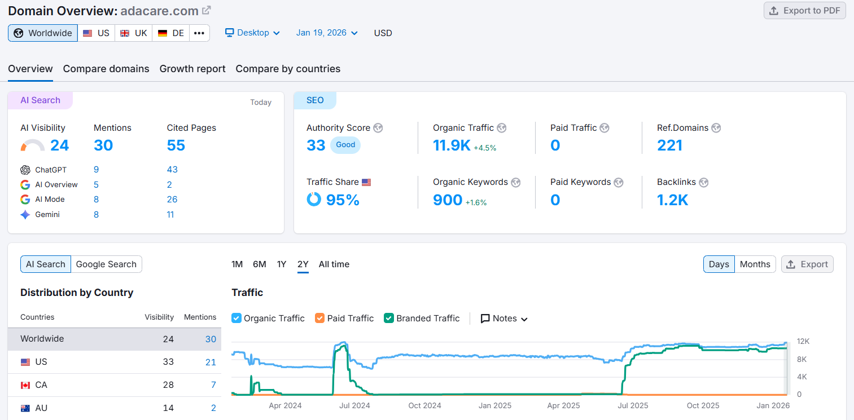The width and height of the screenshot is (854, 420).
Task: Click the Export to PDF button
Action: point(804,11)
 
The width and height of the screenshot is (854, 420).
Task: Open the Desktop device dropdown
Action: point(252,33)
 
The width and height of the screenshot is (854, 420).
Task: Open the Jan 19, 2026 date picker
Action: point(327,33)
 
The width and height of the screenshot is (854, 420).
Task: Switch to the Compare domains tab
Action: point(106,69)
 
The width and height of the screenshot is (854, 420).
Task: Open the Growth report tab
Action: point(192,69)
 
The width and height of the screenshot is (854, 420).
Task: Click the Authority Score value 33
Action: point(316,145)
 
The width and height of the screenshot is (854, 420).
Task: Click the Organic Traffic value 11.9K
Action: point(451,145)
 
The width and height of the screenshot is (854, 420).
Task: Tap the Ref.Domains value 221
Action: point(669,145)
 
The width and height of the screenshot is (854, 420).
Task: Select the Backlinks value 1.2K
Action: point(672,200)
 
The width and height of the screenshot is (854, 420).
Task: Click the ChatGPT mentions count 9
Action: point(97,170)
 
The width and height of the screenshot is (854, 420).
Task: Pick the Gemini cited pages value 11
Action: point(170,215)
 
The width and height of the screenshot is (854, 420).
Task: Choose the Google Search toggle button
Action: point(106,264)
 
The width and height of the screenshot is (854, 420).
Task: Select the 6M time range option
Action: point(259,264)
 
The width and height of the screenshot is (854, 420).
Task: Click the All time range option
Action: point(334,264)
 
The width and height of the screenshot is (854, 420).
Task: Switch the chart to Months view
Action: point(755,264)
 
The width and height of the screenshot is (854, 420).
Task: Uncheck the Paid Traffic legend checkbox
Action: point(320,319)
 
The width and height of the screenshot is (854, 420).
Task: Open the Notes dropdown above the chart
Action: point(504,319)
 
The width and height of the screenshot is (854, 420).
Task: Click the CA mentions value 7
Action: point(213,385)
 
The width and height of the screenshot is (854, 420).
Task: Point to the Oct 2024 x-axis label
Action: point(424,405)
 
